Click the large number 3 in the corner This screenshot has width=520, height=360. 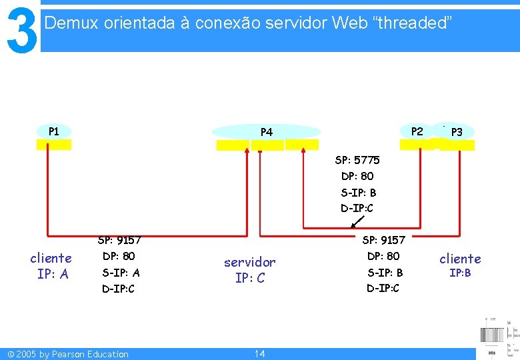click(x=21, y=30)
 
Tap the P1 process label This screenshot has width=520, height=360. click(x=54, y=131)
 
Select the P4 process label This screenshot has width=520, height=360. click(x=267, y=132)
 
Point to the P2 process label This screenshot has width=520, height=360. click(x=417, y=131)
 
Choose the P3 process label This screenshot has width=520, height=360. click(x=457, y=132)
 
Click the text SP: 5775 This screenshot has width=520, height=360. click(x=357, y=160)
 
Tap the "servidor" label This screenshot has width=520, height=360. click(x=249, y=262)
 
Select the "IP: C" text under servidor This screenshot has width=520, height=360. click(x=249, y=278)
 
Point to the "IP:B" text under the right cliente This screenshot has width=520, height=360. click(x=460, y=273)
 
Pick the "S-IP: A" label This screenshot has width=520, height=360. click(x=121, y=272)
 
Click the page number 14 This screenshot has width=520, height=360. click(x=259, y=353)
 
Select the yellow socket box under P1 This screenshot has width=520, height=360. click(x=54, y=144)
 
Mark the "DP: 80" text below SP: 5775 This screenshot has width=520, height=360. click(x=357, y=176)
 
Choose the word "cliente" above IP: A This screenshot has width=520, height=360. click(x=51, y=258)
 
